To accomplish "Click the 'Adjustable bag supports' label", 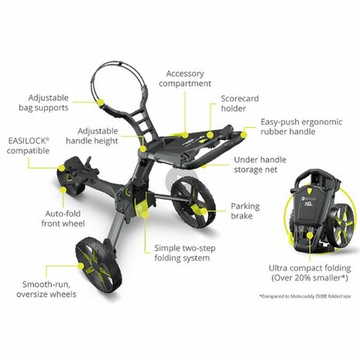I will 58,104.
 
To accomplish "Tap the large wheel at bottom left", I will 96,262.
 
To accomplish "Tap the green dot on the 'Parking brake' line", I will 201,207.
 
